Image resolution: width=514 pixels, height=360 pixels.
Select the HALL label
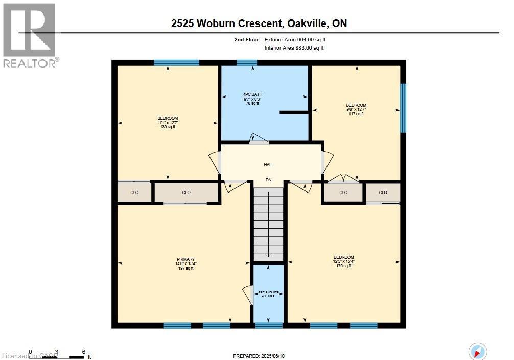click(x=268, y=165)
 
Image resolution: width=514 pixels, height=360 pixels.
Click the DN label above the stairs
click(x=268, y=180)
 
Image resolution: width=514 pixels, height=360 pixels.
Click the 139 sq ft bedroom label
click(x=167, y=123)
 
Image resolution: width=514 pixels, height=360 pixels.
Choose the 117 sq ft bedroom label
click(x=356, y=109)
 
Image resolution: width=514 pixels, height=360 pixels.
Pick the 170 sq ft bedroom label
click(x=343, y=261)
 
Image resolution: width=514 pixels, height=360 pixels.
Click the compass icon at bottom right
click(x=478, y=351)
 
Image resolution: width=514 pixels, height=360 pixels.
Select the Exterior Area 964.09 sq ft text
click(x=295, y=39)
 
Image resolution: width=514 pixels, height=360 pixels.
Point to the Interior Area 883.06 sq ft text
click(x=294, y=48)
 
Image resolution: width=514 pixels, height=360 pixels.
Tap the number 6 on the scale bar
click(x=83, y=352)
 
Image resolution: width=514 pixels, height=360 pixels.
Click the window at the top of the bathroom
click(x=247, y=63)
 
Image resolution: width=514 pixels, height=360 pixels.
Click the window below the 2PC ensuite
click(x=269, y=325)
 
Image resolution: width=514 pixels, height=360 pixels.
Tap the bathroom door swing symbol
click(x=257, y=138)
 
